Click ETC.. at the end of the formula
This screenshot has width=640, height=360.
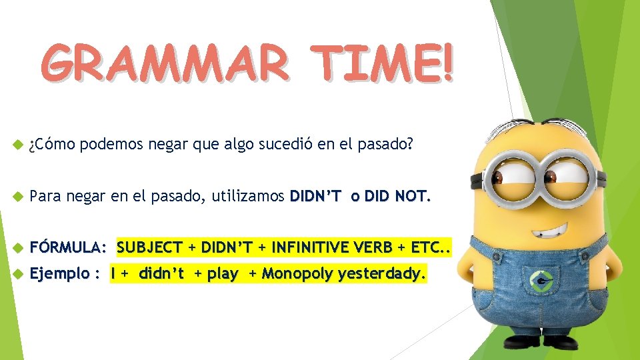click(x=431, y=248)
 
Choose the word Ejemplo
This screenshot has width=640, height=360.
click(x=60, y=273)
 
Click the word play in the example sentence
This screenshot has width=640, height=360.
click(x=223, y=273)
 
